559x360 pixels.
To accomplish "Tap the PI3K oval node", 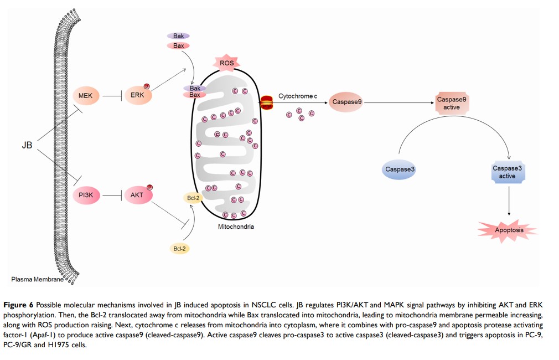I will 85,195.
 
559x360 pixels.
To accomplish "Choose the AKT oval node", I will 137,195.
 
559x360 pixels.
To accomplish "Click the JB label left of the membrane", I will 27,146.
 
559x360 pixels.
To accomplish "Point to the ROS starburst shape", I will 227,64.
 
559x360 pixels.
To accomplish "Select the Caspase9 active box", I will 452,103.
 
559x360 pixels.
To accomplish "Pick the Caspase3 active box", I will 508,172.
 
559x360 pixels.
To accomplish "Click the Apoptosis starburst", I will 508,230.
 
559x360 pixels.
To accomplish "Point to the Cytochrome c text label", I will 297,96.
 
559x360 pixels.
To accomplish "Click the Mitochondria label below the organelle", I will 236,227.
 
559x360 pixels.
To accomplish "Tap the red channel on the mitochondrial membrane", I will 267,103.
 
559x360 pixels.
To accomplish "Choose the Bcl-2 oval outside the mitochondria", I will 179,249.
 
